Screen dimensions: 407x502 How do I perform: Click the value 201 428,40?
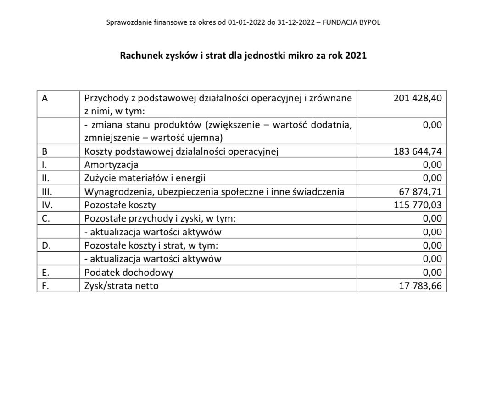point(418,98)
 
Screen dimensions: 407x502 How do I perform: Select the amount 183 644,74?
point(418,151)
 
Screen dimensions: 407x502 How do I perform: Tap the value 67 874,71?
point(420,191)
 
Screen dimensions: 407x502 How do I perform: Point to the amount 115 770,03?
point(418,205)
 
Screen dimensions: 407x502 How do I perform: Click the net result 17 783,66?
point(420,286)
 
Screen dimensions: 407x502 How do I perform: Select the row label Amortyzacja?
point(111,165)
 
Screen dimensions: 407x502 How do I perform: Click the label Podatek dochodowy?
point(128,273)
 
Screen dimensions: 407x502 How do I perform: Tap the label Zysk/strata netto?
point(122,286)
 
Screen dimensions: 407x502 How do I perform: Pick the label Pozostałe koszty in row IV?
point(120,205)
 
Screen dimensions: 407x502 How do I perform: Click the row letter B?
point(44,151)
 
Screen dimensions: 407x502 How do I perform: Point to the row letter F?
point(45,286)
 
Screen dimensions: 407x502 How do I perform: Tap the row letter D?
point(45,245)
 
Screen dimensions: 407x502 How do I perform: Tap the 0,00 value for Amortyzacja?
point(432,165)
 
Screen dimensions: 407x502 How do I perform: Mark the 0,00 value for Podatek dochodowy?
point(432,273)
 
